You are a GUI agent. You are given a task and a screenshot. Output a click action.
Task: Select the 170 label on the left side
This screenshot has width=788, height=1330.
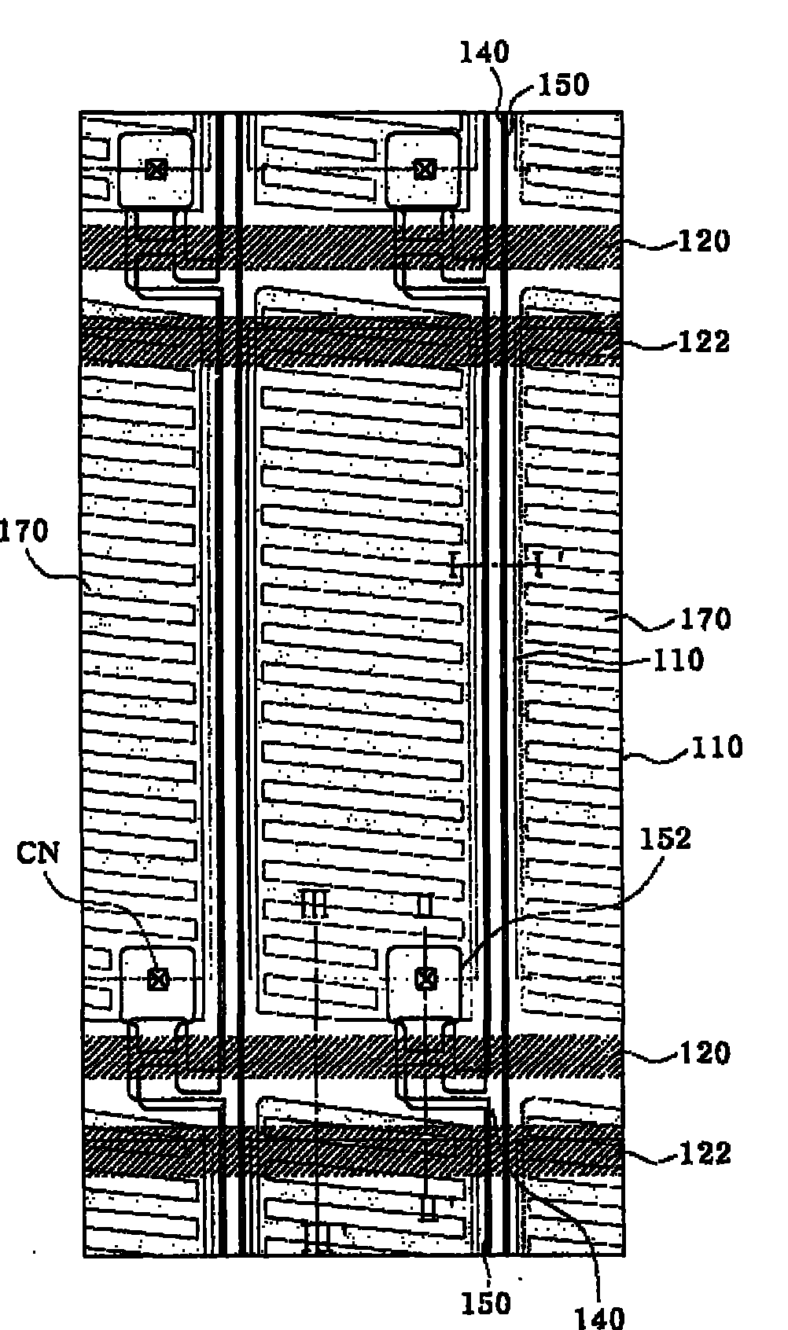(24, 532)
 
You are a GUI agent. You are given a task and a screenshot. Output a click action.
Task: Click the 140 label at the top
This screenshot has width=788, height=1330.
(484, 53)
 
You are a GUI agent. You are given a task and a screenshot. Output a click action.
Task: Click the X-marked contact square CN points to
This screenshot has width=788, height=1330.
(158, 979)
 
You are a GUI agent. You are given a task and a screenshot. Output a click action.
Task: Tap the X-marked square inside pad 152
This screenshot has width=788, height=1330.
(425, 979)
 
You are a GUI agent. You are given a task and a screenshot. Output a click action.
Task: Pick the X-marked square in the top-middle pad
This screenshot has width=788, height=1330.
(425, 168)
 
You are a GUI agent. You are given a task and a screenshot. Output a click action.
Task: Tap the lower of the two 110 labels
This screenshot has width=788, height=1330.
(716, 746)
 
